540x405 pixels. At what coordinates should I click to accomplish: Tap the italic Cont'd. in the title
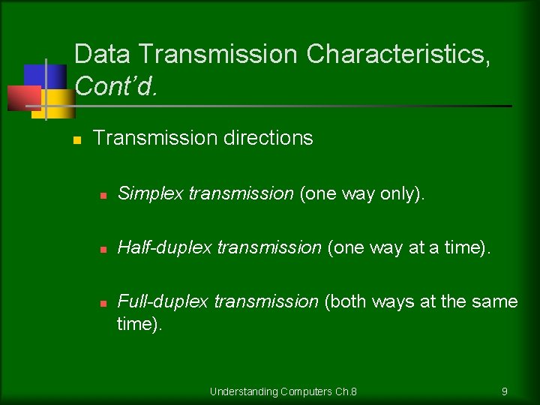[116, 86]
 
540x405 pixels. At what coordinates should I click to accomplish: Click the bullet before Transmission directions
[76, 140]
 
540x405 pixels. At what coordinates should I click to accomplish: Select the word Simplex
[151, 193]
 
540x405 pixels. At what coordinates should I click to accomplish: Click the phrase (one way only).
[362, 193]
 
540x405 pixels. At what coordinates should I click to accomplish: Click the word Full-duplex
[164, 301]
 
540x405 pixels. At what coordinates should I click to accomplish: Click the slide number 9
[505, 391]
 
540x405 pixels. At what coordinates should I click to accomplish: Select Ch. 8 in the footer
[346, 391]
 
